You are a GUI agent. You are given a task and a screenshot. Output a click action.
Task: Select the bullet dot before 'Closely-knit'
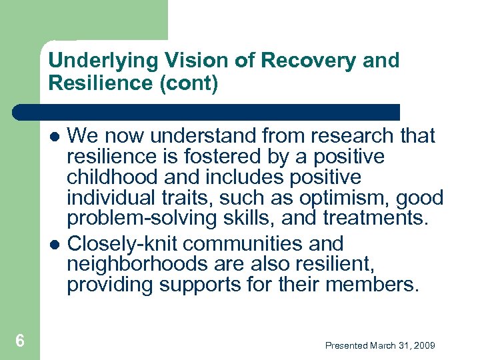click(57, 245)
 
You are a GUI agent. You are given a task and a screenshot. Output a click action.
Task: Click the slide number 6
click(20, 341)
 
